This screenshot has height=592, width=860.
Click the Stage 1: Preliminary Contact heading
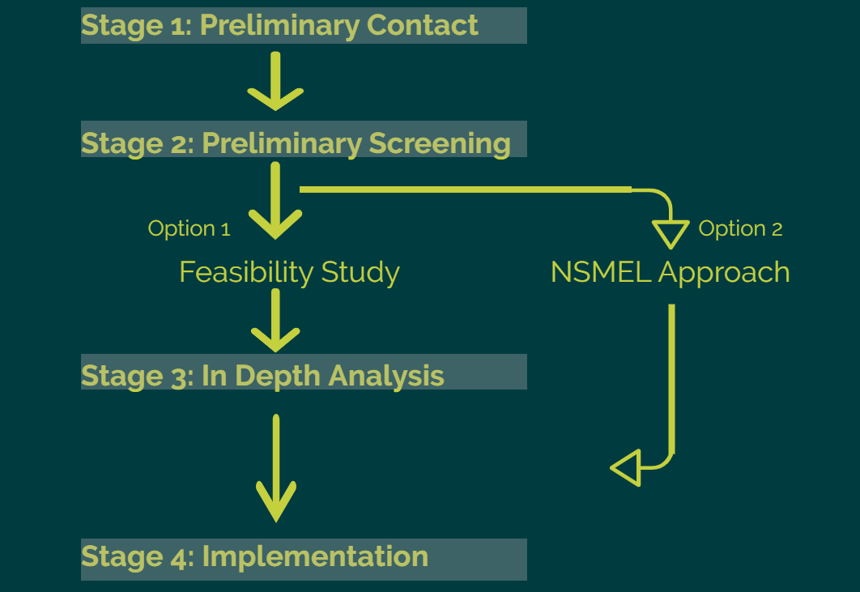[x=279, y=26]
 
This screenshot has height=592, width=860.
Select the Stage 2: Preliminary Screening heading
[x=296, y=143]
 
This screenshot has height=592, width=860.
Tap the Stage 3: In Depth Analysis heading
[x=262, y=375]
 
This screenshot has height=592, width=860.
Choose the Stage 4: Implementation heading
[x=254, y=556]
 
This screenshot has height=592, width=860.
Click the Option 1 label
[x=189, y=228]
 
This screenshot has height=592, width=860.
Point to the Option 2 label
[x=740, y=228]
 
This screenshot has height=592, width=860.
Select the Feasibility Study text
[x=289, y=272]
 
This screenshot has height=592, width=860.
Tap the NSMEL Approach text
[x=670, y=272]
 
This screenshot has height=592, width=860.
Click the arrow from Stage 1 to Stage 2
[x=275, y=81]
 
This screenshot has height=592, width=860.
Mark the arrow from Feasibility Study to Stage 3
[x=275, y=321]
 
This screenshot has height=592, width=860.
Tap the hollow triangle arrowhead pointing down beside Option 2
[x=671, y=233]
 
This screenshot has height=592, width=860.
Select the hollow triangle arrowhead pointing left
[x=626, y=468]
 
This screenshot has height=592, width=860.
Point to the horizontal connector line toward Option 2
[x=466, y=190]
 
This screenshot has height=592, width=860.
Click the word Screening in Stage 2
[x=440, y=143]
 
